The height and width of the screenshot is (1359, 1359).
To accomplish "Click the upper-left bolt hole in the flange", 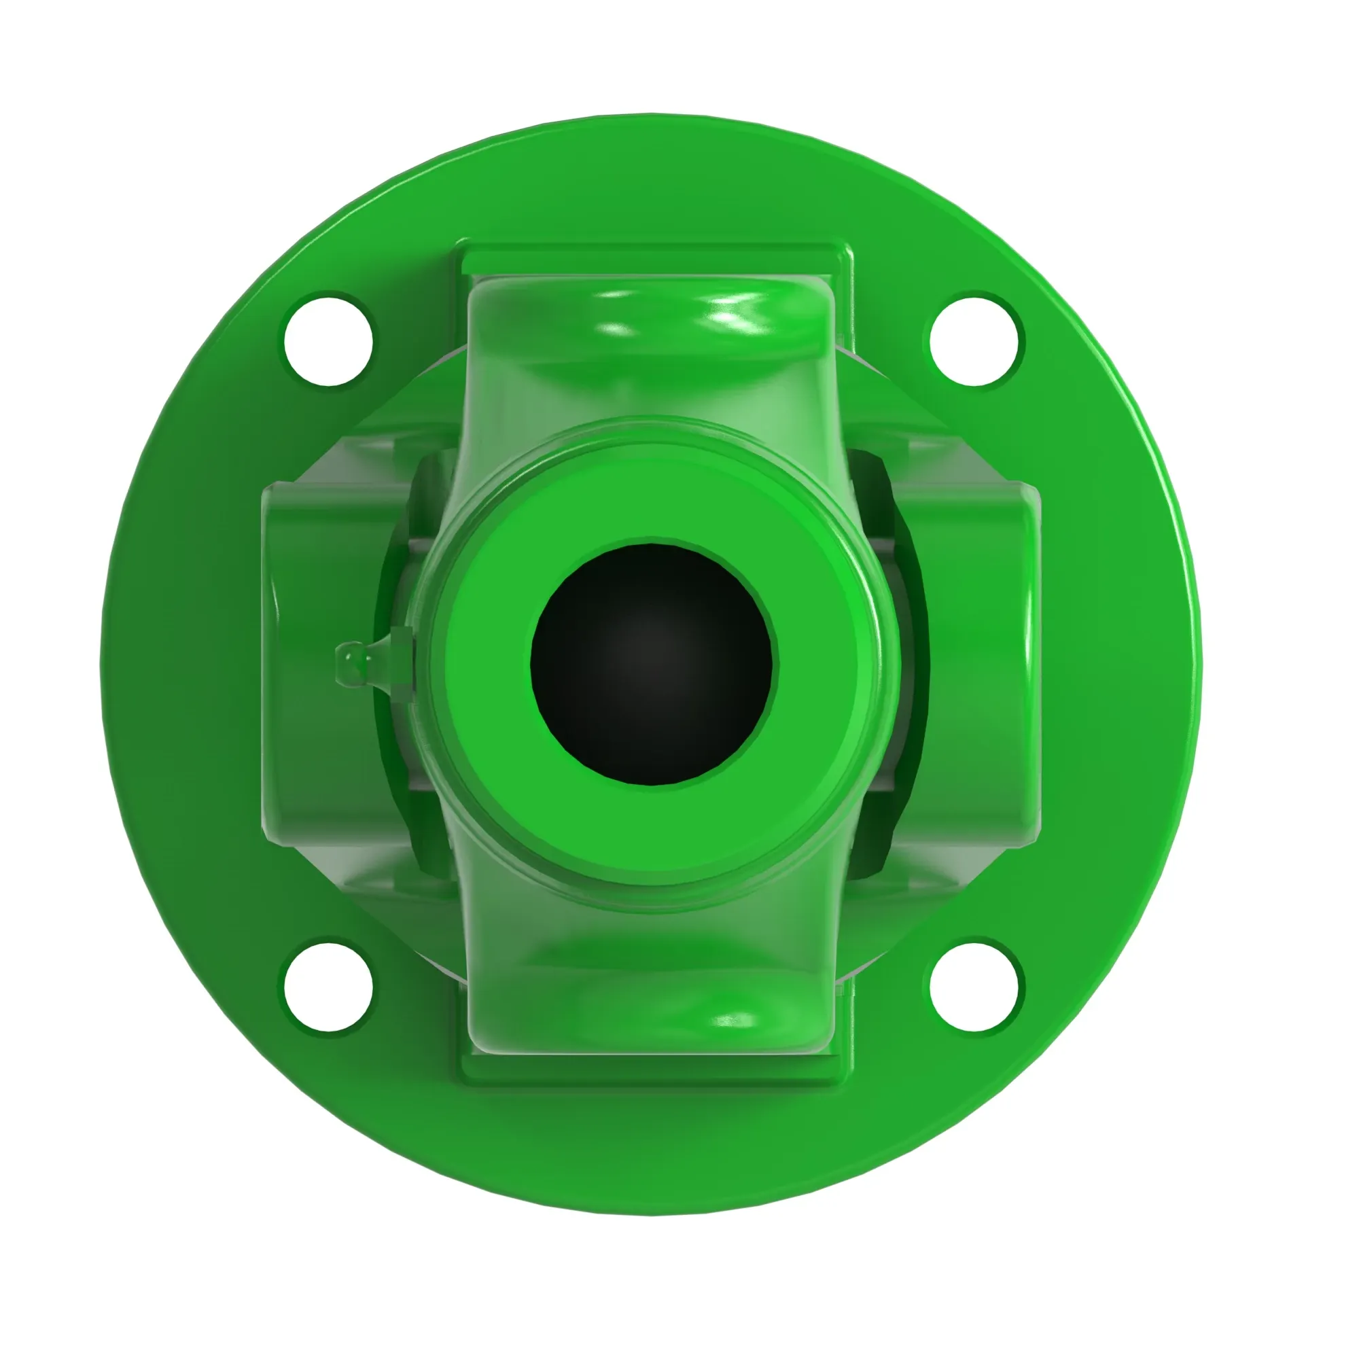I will point(328,340).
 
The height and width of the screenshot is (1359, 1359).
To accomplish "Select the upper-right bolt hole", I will point(975,340).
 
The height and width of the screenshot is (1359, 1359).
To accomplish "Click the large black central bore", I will point(652,664).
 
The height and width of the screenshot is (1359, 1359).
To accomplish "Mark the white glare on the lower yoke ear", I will point(735,1020).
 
